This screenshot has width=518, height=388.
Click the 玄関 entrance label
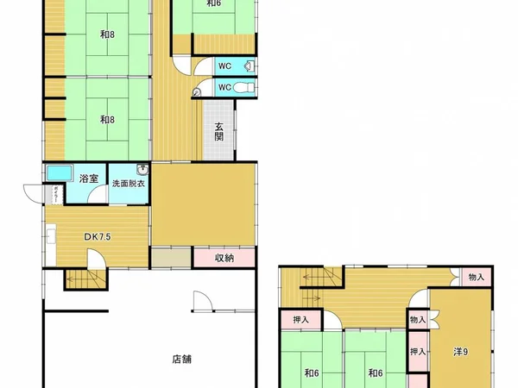click(x=219, y=131)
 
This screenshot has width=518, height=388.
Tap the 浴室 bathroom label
click(x=88, y=178)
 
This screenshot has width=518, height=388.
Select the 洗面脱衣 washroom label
click(x=129, y=183)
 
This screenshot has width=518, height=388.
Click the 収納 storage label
click(x=224, y=256)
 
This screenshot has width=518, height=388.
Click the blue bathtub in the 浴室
click(x=60, y=172)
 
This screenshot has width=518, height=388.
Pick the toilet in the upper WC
click(x=247, y=66)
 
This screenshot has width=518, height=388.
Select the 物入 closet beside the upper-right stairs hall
click(x=476, y=277)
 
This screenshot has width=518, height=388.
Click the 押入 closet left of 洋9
click(x=418, y=352)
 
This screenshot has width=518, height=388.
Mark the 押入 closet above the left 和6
click(x=300, y=320)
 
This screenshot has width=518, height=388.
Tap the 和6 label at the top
click(x=213, y=3)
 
